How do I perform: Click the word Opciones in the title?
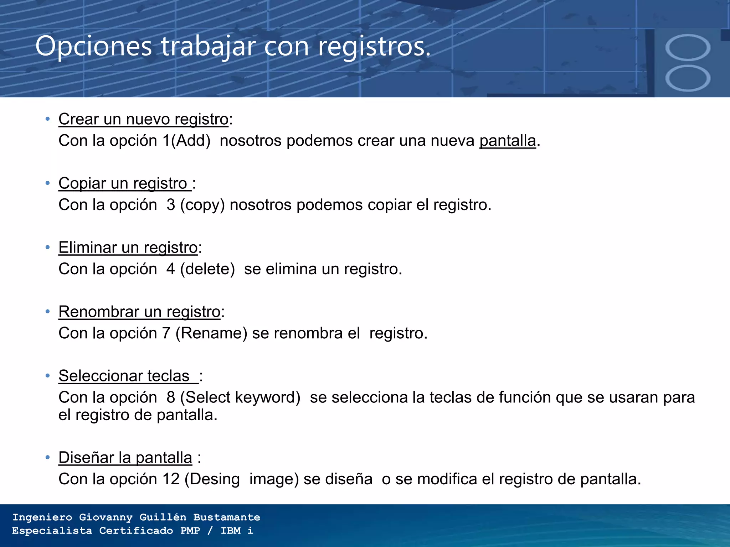(94, 47)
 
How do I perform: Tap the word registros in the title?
(374, 47)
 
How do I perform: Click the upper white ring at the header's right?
(688, 48)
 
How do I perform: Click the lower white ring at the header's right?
(688, 78)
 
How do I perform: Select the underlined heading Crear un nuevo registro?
(143, 119)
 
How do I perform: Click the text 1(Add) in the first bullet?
(186, 141)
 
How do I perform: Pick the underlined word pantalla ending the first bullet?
(508, 141)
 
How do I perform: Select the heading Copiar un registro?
(123, 184)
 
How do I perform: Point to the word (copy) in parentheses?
(202, 205)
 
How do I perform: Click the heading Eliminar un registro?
(128, 248)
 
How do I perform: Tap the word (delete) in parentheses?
(207, 269)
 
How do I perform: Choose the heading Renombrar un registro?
(139, 312)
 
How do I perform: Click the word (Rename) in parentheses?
(211, 333)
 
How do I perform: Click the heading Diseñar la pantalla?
(125, 458)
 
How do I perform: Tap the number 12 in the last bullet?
(171, 479)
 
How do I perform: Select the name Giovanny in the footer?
(106, 517)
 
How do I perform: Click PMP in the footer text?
(190, 531)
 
